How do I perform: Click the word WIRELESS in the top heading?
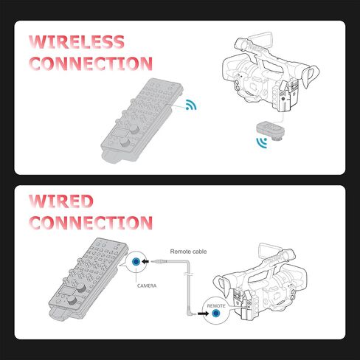(x=77, y=42)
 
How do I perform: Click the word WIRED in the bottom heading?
(x=61, y=201)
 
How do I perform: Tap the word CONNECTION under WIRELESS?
(x=91, y=63)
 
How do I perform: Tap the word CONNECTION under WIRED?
(x=91, y=223)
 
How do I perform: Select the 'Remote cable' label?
(x=188, y=252)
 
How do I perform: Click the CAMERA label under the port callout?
(x=147, y=285)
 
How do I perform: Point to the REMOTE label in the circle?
(x=216, y=306)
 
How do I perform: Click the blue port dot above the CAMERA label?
(x=136, y=262)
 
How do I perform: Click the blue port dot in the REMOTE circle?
(x=216, y=314)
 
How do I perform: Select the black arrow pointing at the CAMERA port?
(x=145, y=261)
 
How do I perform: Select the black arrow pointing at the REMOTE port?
(x=204, y=314)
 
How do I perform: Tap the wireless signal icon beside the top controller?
(x=191, y=105)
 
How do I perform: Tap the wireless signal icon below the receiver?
(x=262, y=143)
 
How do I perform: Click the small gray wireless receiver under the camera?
(x=269, y=129)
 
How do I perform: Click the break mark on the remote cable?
(x=188, y=274)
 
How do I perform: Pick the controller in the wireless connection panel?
(x=142, y=120)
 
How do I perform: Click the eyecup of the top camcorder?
(x=311, y=77)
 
